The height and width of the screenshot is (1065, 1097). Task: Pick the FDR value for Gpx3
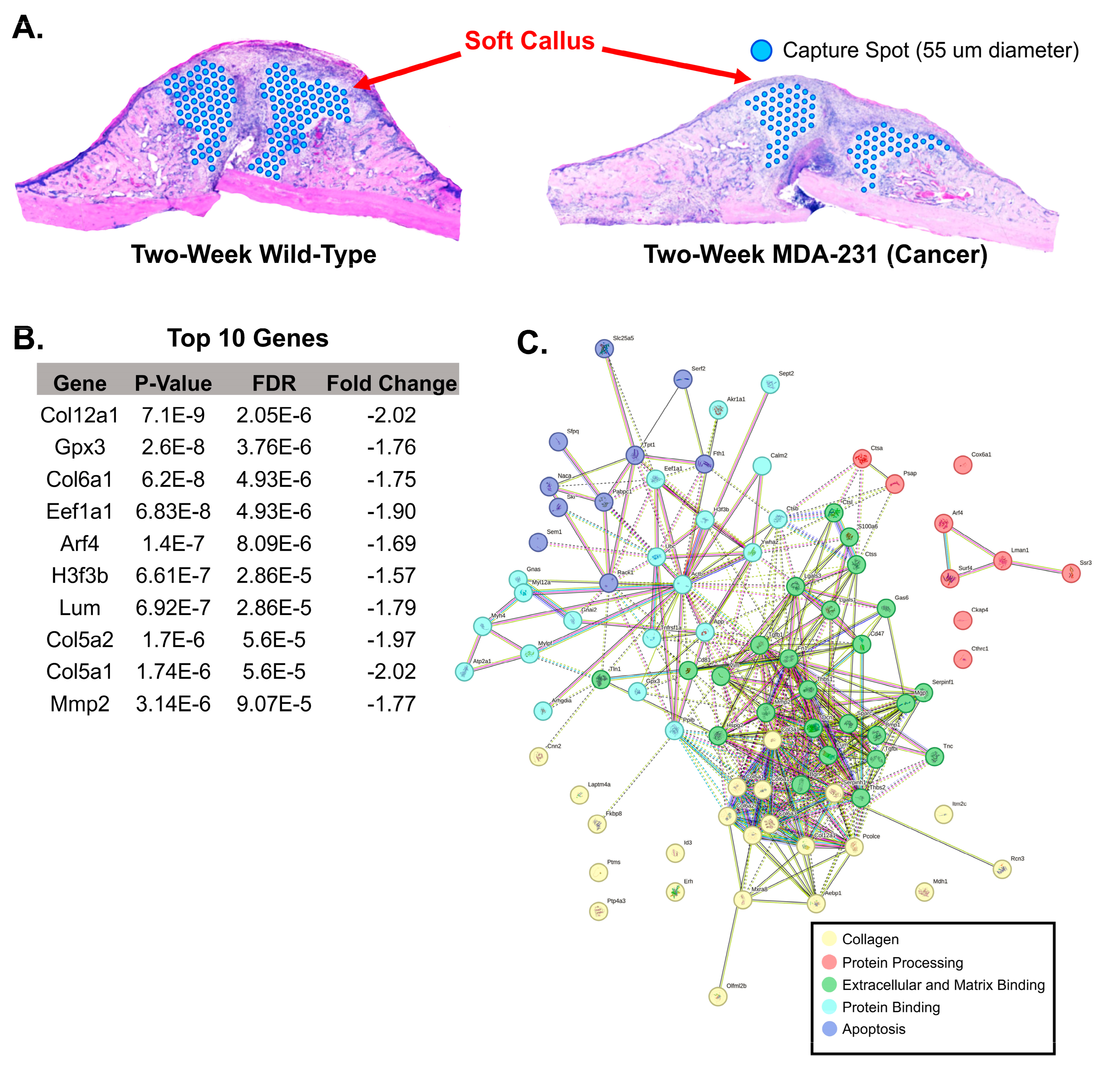click(274, 447)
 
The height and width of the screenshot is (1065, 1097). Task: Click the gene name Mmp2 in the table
click(80, 704)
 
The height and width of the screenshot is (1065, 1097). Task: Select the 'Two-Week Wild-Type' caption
click(253, 254)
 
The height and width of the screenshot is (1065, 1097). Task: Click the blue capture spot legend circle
click(761, 50)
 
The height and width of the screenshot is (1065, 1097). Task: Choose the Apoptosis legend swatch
click(829, 1028)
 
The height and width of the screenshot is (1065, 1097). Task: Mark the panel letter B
click(28, 339)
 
